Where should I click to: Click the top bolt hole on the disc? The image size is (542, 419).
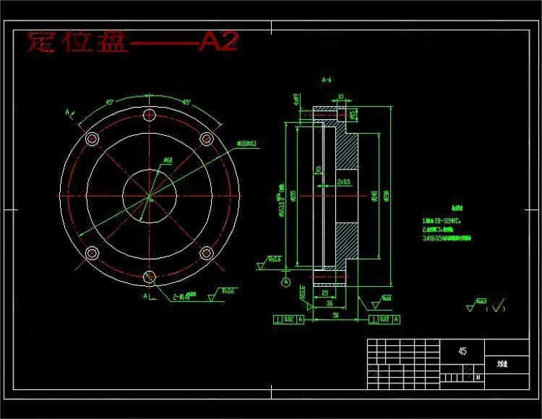(x=150, y=116)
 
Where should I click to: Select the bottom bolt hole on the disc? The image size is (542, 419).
(x=150, y=277)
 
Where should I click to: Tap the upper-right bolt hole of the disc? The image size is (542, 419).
(x=206, y=139)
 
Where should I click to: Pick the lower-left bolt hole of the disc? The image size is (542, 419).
(x=92, y=254)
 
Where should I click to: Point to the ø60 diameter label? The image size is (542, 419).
(x=168, y=160)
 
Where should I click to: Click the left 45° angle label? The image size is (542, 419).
(x=110, y=103)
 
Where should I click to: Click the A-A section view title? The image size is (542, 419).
(x=327, y=81)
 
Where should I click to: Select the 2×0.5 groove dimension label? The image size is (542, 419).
(x=343, y=182)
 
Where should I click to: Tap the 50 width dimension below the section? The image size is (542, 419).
(x=336, y=316)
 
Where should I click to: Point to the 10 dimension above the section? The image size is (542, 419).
(x=340, y=95)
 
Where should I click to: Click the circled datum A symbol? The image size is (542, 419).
(x=287, y=280)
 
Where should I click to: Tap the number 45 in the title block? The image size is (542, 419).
(x=462, y=352)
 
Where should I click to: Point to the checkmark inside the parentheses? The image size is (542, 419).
(x=497, y=307)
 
